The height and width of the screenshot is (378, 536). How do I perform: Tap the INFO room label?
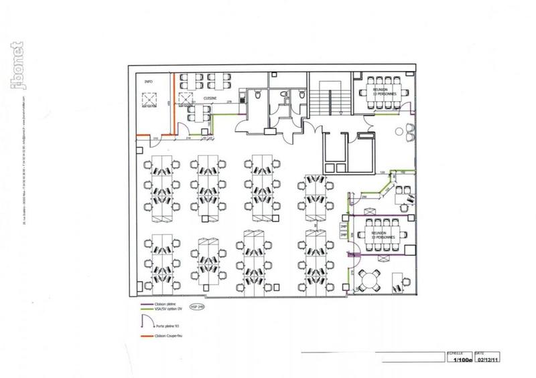click(148, 80)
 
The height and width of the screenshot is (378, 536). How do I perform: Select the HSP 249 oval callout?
click(198, 306)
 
